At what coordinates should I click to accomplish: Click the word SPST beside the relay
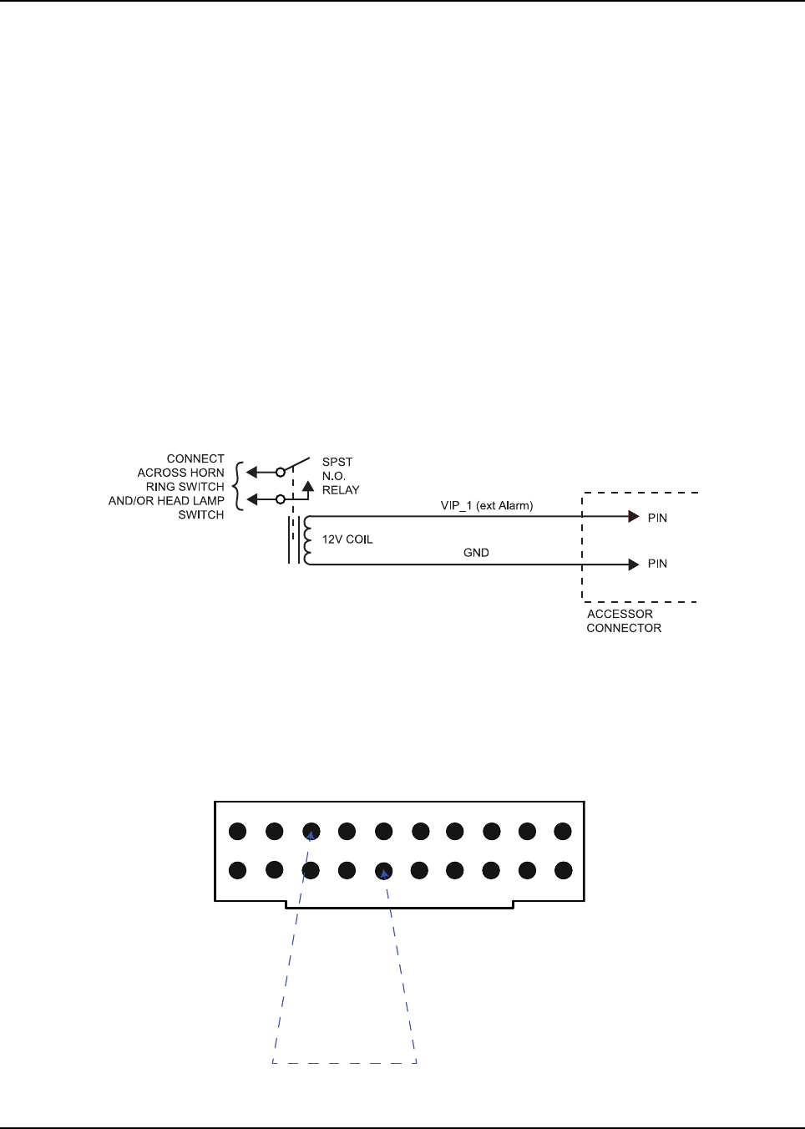337,462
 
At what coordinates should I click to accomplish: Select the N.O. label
333,476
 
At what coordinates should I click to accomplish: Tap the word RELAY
341,490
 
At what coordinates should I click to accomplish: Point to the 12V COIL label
347,539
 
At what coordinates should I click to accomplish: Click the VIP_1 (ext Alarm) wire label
487,505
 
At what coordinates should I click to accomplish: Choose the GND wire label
476,553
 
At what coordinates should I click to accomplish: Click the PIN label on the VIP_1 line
657,518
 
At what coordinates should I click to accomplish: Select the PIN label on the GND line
657,564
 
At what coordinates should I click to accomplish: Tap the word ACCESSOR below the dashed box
620,614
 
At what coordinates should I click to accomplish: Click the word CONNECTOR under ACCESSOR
624,628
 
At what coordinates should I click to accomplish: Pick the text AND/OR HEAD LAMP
166,501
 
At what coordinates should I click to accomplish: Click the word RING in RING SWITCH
160,487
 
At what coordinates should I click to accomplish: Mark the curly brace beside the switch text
239,486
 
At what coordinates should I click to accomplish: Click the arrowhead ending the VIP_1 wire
634,517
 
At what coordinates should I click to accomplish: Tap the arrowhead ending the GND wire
634,564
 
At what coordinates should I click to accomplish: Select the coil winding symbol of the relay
306,540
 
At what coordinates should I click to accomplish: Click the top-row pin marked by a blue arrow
311,832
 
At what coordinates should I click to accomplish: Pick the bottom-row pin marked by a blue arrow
384,871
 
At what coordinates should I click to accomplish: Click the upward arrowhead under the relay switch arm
308,485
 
